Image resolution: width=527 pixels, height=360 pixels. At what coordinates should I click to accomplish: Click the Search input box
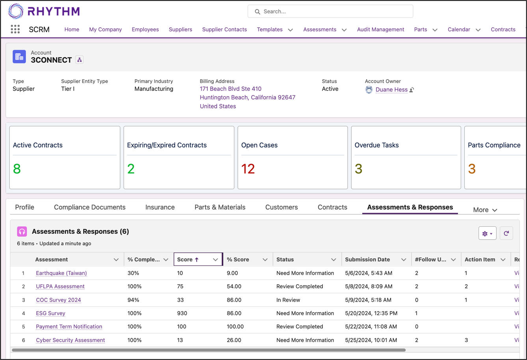click(330, 11)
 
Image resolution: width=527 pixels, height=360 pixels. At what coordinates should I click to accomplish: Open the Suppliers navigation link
click(181, 30)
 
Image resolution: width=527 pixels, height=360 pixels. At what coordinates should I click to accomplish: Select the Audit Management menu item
click(380, 30)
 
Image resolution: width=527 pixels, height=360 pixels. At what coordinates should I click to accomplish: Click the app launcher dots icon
click(15, 29)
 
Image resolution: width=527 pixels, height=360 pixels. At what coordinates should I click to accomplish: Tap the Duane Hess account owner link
click(391, 90)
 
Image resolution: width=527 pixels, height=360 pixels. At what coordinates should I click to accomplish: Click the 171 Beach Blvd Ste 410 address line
click(231, 89)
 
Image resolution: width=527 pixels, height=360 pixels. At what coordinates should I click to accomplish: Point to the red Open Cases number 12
click(248, 169)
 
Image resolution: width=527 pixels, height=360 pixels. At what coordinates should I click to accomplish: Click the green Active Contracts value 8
click(17, 169)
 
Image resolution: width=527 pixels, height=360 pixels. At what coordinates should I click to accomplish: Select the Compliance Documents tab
click(89, 207)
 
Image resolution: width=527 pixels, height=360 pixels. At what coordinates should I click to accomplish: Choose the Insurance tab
click(160, 207)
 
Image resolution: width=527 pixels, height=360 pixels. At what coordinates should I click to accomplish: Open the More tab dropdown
click(485, 210)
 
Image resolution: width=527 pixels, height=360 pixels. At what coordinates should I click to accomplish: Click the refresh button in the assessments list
click(507, 233)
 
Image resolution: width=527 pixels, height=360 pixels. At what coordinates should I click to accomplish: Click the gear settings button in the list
click(487, 233)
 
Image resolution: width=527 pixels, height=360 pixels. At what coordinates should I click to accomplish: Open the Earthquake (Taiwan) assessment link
click(61, 273)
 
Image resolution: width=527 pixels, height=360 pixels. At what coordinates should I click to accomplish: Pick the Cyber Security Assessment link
click(70, 340)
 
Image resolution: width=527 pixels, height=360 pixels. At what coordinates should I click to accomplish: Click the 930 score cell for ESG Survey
click(182, 313)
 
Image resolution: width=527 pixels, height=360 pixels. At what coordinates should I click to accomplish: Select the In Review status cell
click(288, 300)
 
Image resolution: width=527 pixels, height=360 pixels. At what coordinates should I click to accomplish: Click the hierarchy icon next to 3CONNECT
click(80, 60)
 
